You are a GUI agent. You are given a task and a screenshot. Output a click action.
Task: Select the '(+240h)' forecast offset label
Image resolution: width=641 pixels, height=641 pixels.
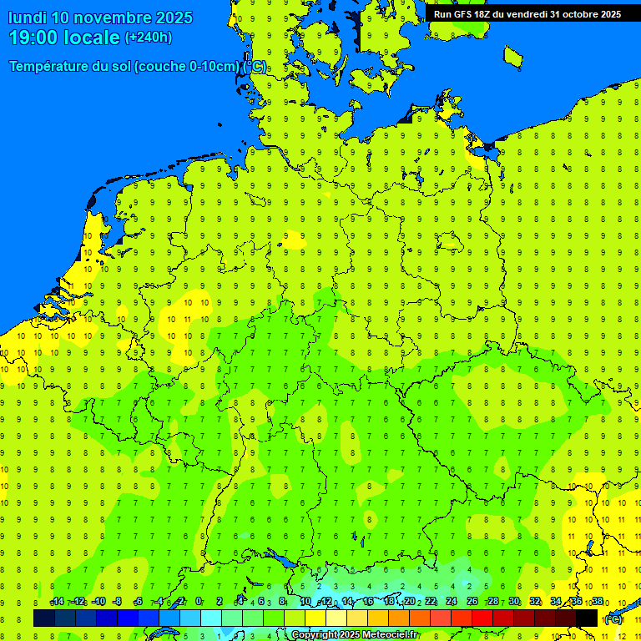click(149, 38)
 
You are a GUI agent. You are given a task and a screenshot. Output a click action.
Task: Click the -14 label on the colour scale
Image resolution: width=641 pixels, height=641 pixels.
click(57, 602)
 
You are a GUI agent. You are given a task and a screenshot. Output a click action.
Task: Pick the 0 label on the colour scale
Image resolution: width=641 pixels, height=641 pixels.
click(199, 602)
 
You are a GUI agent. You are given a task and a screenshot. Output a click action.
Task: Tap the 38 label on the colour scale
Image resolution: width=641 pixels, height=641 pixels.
click(598, 602)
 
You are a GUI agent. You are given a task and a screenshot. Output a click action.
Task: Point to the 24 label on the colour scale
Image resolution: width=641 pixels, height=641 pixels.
click(452, 602)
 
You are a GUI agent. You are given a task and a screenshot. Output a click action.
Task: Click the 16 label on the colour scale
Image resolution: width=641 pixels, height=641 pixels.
click(368, 602)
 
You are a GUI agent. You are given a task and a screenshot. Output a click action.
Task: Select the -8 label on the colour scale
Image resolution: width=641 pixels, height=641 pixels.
click(118, 602)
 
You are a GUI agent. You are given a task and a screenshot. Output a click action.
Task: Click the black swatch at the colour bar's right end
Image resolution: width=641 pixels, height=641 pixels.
click(587, 618)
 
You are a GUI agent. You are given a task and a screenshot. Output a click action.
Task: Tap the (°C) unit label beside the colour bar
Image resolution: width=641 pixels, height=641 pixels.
click(613, 619)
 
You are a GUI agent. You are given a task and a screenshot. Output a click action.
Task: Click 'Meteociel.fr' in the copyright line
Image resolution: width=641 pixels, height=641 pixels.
click(391, 635)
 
